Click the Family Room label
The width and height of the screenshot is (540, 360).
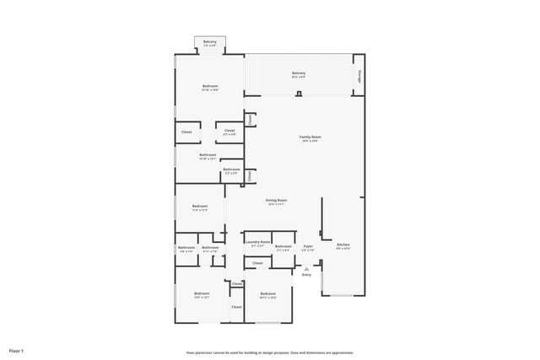pos(310,138)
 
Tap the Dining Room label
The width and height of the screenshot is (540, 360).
pos(276,201)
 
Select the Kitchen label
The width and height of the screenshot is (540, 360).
pos(343,246)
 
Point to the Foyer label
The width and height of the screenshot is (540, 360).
pos(308,248)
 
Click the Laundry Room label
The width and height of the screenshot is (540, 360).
pos(258,244)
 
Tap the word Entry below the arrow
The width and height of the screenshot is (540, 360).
pos(306,274)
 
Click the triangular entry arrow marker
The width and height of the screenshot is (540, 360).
pos(306,268)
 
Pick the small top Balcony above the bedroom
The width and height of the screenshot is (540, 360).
pos(209,42)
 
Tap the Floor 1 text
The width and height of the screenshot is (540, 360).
pos(17,350)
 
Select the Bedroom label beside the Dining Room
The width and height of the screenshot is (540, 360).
pos(200,207)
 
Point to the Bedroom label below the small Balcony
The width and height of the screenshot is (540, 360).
pos(210,88)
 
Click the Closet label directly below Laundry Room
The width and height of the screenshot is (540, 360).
pos(257,263)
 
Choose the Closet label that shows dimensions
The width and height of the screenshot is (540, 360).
pos(229,132)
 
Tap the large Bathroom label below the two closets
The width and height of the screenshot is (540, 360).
pos(208,156)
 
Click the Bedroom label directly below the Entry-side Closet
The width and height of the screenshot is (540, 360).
pos(267,295)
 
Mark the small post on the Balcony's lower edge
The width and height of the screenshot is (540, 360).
pos(299,94)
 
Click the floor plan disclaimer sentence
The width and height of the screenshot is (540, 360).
pos(269,352)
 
